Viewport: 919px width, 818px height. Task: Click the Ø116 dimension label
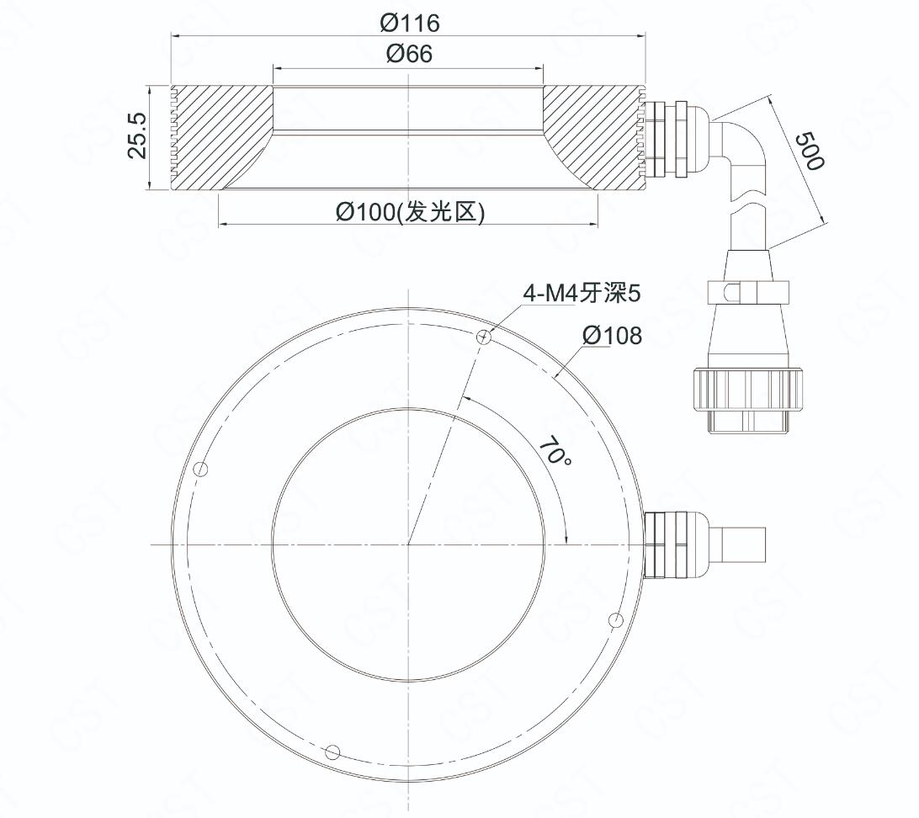(410, 23)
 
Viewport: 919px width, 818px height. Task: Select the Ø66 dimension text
(410, 54)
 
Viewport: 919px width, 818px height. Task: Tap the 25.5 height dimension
(138, 135)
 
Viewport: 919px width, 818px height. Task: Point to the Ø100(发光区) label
(411, 211)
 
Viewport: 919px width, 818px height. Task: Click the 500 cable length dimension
(812, 151)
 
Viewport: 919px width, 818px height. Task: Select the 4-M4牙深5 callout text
(582, 293)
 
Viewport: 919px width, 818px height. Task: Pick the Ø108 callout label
(613, 336)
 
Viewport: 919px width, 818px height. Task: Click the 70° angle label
(555, 450)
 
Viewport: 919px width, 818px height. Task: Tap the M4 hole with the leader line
(484, 337)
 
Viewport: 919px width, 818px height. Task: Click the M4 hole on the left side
(201, 469)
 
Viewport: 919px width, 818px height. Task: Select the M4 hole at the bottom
(332, 752)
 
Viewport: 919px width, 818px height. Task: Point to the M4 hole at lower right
(615, 620)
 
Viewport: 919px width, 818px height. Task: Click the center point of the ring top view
(408, 544)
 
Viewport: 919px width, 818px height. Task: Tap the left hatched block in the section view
(221, 138)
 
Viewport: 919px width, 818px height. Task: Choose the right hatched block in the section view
(593, 138)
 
